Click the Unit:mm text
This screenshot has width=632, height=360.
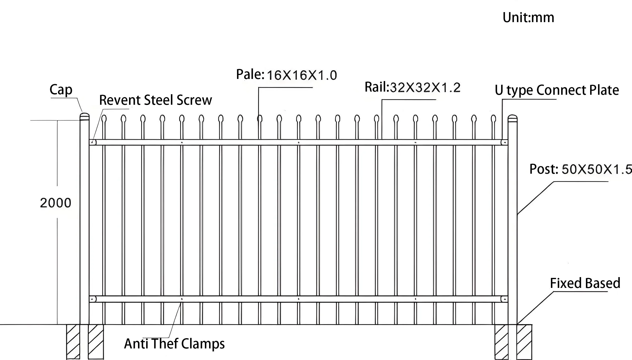528,18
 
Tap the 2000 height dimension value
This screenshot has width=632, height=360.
56,203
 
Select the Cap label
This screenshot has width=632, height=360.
61,90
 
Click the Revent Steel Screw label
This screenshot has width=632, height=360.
155,100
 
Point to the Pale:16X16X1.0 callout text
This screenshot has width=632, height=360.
287,75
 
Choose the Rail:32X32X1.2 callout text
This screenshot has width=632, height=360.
412,87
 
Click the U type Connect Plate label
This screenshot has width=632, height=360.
557,90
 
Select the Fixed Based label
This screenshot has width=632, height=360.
585,283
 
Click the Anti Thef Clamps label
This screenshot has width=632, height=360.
174,344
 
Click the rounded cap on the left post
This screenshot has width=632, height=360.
85,117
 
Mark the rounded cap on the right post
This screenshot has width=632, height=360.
512,118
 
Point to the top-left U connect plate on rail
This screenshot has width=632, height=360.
93,142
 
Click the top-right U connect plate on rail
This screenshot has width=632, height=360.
504,142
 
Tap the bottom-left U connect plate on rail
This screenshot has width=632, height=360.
93,299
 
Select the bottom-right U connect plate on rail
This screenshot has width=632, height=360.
504,299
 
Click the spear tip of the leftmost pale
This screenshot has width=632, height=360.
104,119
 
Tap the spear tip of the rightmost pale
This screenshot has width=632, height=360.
493,119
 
